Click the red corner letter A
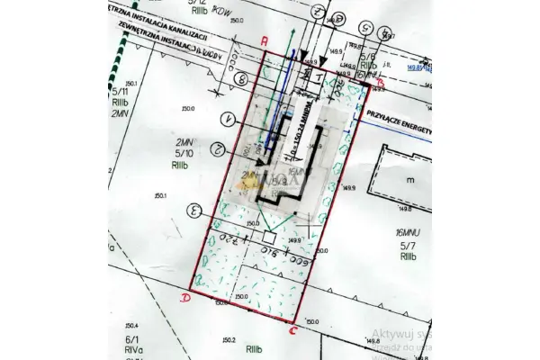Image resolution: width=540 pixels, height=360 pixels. [264, 41]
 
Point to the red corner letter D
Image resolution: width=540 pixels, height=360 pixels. [186, 297]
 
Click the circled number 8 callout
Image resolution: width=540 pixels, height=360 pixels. [240, 78]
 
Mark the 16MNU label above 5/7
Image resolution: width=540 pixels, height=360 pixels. [409, 232]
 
